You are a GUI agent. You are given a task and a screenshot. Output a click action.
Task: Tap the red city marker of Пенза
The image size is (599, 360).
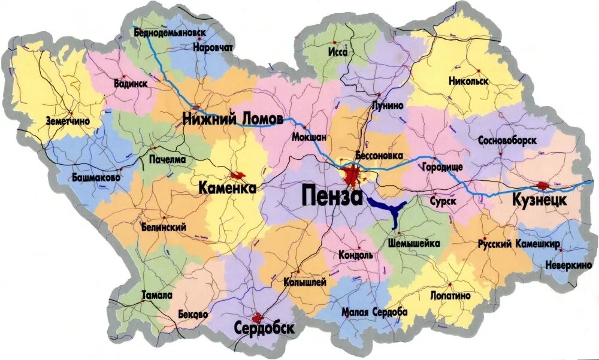353,176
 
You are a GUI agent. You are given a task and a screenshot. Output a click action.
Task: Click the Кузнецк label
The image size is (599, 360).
539,200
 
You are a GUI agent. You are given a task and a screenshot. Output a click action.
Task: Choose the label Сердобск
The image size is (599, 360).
264,328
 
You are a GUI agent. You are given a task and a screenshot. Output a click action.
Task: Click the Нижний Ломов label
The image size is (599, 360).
232,119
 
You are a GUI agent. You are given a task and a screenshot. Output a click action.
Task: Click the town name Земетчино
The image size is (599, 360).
68,120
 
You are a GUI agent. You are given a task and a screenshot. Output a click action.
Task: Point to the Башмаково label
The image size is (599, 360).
96,178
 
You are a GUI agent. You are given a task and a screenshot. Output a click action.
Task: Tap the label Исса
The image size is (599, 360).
338,52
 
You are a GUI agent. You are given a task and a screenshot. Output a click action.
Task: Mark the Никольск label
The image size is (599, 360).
468,81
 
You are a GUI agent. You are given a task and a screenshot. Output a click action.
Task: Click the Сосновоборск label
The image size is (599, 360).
507,140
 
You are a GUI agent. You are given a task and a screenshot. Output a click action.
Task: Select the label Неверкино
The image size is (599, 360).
568,264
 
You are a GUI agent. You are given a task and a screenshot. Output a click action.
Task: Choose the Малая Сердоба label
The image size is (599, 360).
374,312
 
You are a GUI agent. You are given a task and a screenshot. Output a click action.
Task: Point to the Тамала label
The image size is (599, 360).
157,295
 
